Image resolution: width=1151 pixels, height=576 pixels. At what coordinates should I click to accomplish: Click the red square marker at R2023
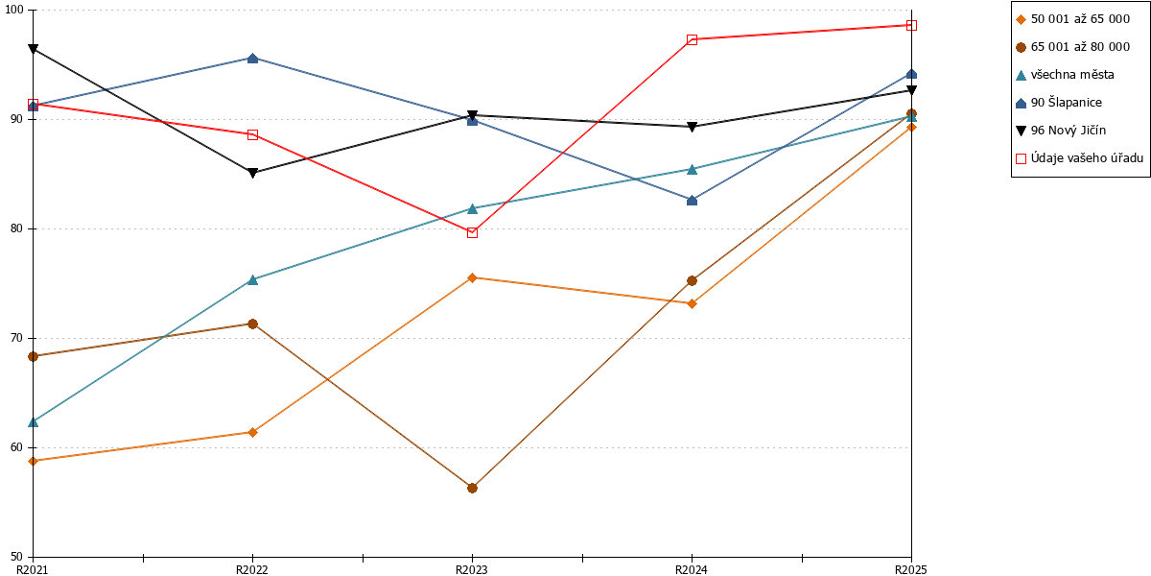(472, 233)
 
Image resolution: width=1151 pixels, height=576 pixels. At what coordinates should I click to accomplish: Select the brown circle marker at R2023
(472, 488)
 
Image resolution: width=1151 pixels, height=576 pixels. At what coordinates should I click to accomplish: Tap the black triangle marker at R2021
(33, 49)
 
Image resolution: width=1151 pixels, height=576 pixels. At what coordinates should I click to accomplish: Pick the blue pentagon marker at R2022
(253, 59)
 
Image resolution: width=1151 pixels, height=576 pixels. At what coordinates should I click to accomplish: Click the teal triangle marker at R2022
(253, 279)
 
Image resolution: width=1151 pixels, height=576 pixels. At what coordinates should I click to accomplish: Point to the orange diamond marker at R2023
(472, 278)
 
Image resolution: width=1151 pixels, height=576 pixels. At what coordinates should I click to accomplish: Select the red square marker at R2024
(693, 39)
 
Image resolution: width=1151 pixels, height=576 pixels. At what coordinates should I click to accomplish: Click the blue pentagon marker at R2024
(693, 200)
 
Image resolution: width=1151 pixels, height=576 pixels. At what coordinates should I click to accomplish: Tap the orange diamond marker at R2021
(33, 461)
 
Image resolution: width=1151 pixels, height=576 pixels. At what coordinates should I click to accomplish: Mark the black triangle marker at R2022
(253, 174)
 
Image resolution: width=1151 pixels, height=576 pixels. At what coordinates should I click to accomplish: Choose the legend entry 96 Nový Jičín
(1061, 131)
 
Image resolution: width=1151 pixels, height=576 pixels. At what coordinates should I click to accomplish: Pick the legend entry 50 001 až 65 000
(1073, 19)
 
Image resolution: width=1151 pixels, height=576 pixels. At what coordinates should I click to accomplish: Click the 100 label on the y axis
(13, 10)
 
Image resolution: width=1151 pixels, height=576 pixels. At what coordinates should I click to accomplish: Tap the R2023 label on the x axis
(472, 569)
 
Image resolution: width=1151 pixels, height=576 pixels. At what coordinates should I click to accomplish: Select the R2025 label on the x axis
(911, 569)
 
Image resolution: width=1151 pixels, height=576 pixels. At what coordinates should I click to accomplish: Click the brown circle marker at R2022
(253, 324)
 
